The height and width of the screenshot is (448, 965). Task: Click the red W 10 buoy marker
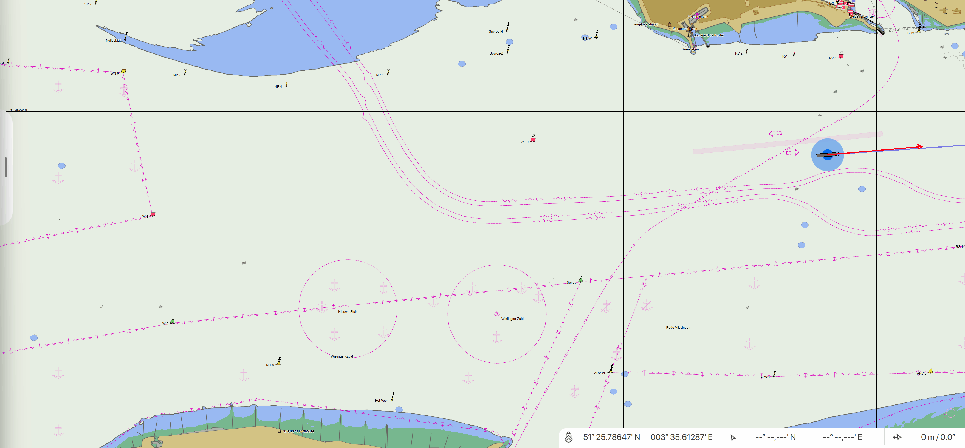[x=533, y=140]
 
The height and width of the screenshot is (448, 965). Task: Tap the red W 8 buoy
[x=153, y=215]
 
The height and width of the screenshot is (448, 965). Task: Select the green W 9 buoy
[x=172, y=321]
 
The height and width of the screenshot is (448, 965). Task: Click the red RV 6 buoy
[x=841, y=56]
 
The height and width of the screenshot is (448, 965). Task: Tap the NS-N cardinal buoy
[x=279, y=361]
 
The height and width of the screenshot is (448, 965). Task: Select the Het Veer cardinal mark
[x=393, y=396]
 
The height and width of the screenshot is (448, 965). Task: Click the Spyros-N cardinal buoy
[x=508, y=27]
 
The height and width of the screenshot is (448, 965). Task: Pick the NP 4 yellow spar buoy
[x=286, y=85]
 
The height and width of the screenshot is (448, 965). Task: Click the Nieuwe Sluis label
[x=348, y=312]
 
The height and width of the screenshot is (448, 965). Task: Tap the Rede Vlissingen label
[x=678, y=328]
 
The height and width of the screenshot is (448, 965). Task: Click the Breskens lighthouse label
[x=299, y=431]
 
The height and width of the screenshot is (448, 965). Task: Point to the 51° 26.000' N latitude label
[x=19, y=110]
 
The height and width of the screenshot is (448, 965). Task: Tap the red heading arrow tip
[x=922, y=146]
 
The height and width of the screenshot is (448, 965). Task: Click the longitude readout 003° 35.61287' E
[x=681, y=437]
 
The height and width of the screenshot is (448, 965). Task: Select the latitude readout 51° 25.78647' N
[x=611, y=437]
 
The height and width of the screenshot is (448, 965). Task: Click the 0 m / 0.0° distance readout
[x=938, y=437]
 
